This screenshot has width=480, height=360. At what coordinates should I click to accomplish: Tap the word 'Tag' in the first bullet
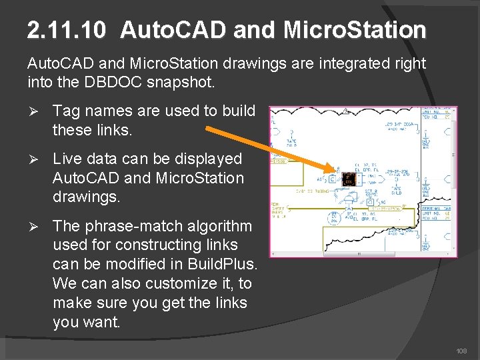(x=65, y=111)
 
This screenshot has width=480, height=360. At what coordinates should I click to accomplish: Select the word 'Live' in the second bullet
(x=67, y=159)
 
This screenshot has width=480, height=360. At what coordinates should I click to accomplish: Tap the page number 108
(x=461, y=351)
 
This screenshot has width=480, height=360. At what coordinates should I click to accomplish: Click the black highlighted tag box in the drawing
(x=348, y=179)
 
